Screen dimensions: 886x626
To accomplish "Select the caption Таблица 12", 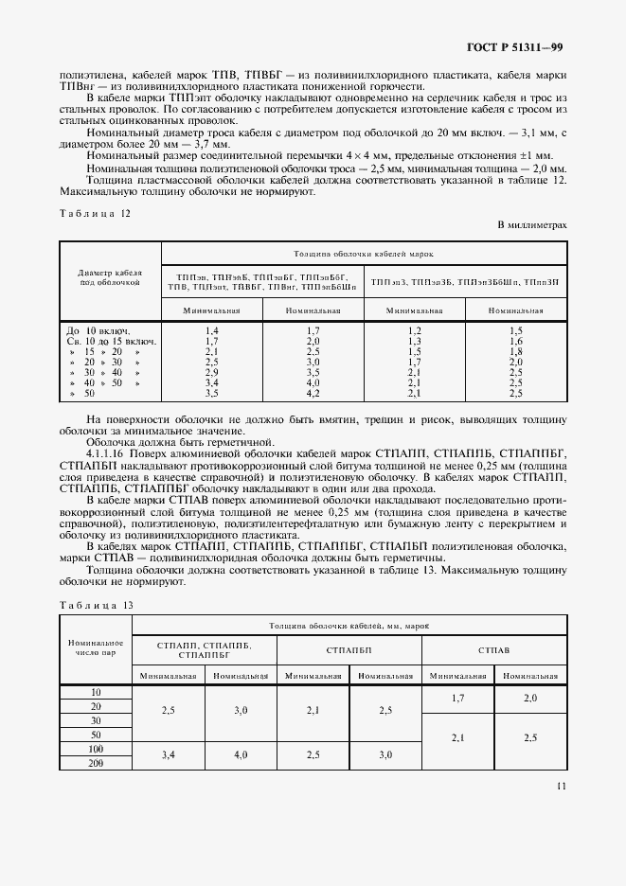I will [95, 213].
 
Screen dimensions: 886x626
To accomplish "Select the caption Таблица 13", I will [96, 605].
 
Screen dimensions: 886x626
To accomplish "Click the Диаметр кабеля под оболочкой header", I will [111, 276].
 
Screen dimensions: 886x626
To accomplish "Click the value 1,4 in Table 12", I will [212, 329].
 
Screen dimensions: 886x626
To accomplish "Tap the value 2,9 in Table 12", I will [212, 371].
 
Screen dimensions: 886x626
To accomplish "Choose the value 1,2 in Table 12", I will [414, 329].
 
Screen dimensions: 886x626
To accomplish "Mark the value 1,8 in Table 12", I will [515, 350].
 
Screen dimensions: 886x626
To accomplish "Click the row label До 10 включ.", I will [98, 329].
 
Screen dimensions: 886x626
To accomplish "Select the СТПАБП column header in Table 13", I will [349, 650].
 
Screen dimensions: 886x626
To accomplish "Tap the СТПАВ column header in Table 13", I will [494, 650].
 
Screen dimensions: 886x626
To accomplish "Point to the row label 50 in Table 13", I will [95, 735].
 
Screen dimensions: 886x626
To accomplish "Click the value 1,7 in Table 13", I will [458, 698].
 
